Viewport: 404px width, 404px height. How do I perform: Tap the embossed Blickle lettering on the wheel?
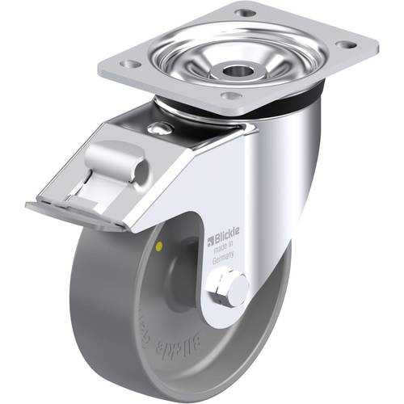179,347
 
